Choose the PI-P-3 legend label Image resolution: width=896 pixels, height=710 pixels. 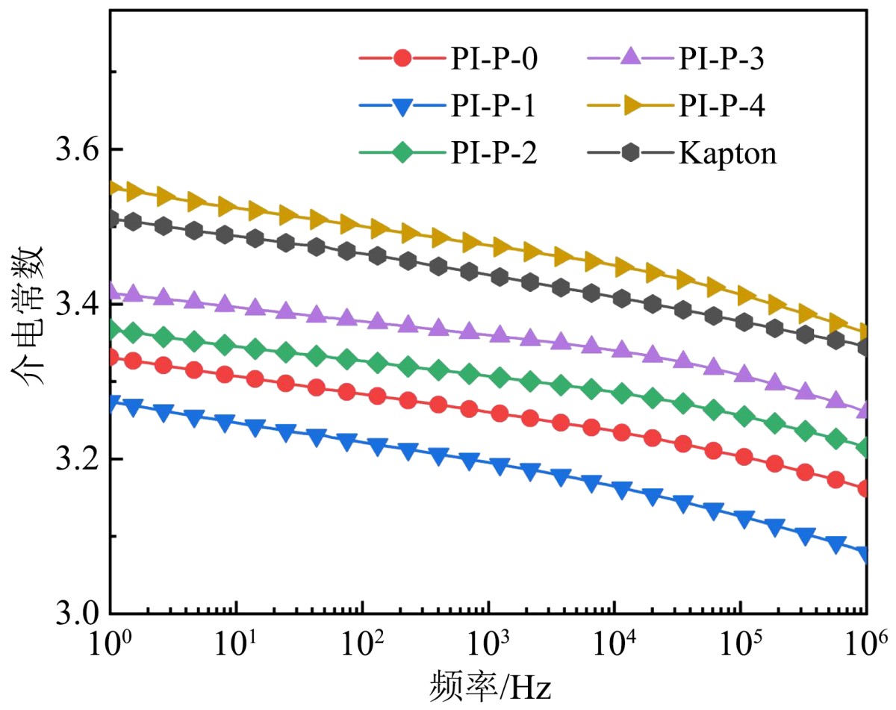point(721,58)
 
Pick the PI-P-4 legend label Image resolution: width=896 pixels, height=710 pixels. point(721,106)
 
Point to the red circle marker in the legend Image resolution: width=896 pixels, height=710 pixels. point(402,58)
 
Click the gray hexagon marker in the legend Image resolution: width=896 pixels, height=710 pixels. point(631,153)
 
